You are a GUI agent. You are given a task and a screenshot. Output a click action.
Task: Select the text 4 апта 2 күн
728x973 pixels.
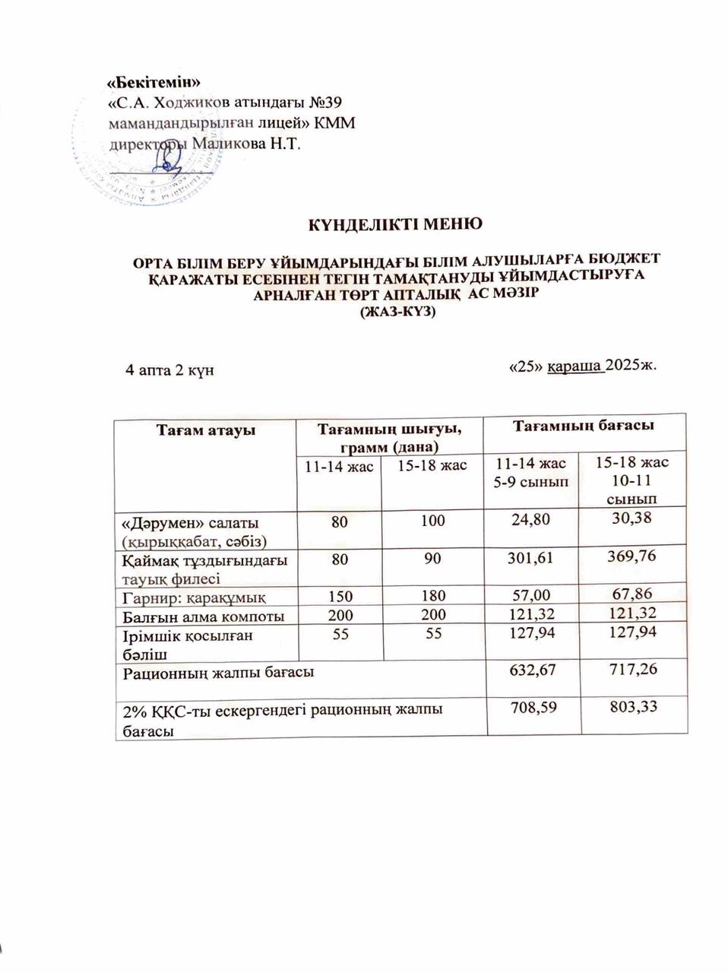[x=169, y=370]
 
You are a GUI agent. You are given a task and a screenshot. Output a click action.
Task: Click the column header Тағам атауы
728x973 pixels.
[x=204, y=431]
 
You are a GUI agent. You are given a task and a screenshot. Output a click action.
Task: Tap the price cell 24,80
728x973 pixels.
[x=531, y=522]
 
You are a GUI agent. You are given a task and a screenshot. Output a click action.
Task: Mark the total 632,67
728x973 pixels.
[x=532, y=670]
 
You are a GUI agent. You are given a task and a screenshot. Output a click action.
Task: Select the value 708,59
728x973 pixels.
[x=532, y=708]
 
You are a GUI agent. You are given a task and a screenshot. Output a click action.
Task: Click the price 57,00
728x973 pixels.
[x=532, y=595]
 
